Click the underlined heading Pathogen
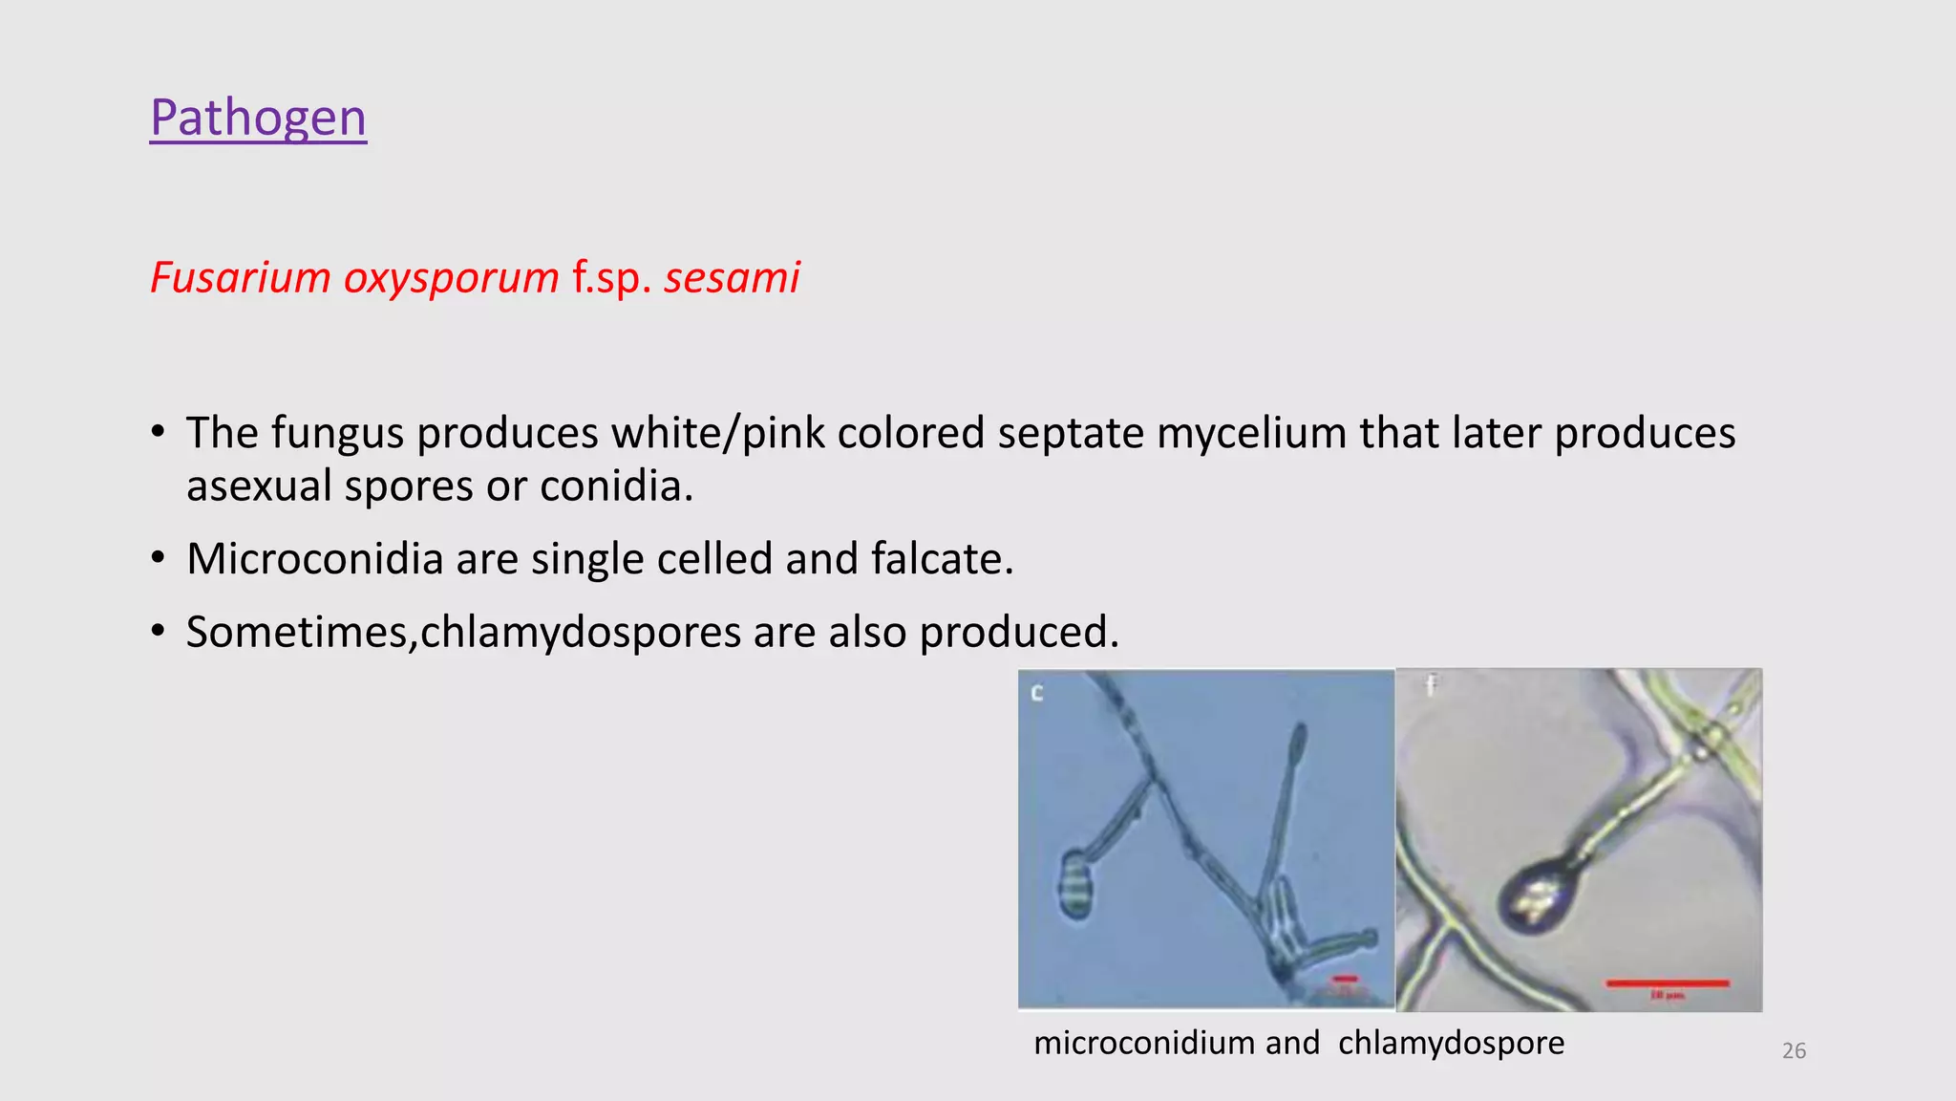click(x=258, y=118)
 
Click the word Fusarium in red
click(x=241, y=278)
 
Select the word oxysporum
click(x=451, y=278)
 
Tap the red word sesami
click(x=732, y=278)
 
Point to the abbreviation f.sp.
click(x=611, y=278)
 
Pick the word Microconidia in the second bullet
click(x=314, y=559)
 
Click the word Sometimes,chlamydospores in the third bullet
click(x=463, y=633)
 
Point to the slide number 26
click(x=1794, y=1051)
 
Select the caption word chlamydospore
click(x=1451, y=1043)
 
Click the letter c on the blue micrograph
click(x=1037, y=692)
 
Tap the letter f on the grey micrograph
click(x=1431, y=684)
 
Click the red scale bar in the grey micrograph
click(x=1668, y=982)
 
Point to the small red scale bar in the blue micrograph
click(x=1345, y=979)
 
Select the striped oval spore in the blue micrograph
click(x=1075, y=885)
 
